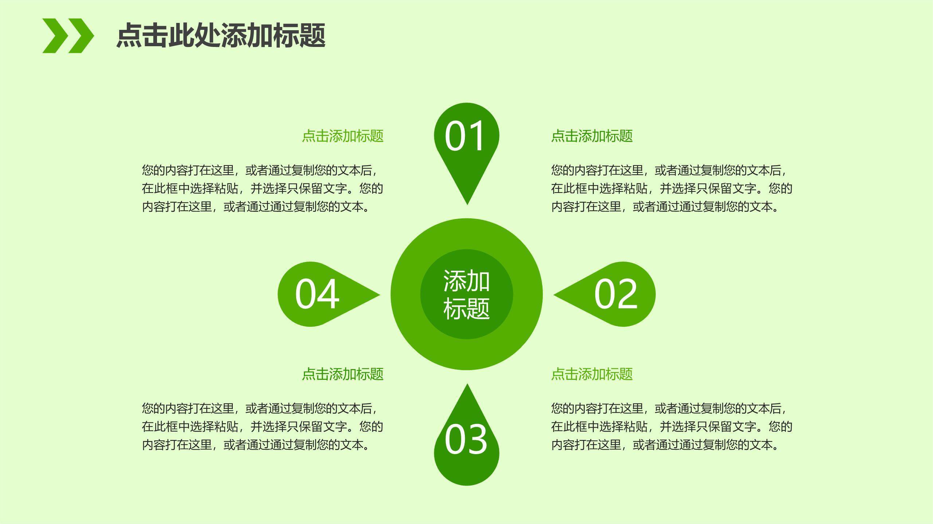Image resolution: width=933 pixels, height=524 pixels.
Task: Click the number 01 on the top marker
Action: click(464, 136)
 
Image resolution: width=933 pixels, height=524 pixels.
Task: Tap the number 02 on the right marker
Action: click(616, 294)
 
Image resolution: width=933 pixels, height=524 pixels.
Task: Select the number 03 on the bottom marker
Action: click(466, 439)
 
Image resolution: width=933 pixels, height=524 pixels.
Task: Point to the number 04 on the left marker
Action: click(317, 294)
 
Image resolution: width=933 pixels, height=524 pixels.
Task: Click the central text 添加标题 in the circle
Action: click(466, 294)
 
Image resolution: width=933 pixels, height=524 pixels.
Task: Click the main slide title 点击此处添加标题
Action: click(221, 35)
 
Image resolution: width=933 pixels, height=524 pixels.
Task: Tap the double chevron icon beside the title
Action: click(68, 36)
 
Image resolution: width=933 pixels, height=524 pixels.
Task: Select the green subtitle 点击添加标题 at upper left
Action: click(342, 136)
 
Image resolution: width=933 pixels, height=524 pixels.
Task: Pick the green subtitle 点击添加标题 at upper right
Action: click(592, 136)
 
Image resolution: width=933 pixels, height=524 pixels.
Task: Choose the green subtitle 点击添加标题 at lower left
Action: click(342, 374)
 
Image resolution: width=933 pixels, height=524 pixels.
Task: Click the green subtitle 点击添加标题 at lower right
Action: click(592, 374)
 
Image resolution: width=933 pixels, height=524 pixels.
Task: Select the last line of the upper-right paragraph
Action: click(665, 207)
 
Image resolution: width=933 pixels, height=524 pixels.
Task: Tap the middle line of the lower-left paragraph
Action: click(262, 426)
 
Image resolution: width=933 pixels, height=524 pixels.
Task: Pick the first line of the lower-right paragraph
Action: click(669, 408)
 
